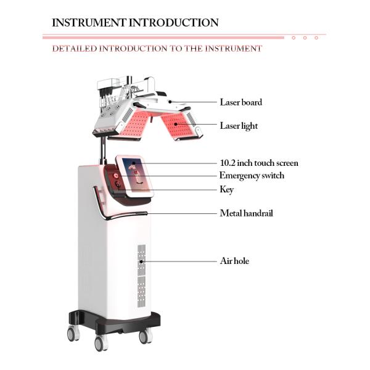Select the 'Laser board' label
(240, 102)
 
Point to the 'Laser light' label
(239, 126)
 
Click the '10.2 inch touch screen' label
(259, 163)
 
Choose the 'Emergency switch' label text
(252, 176)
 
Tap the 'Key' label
(226, 189)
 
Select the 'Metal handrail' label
(246, 213)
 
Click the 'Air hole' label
(234, 261)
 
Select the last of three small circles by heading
(316, 38)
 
